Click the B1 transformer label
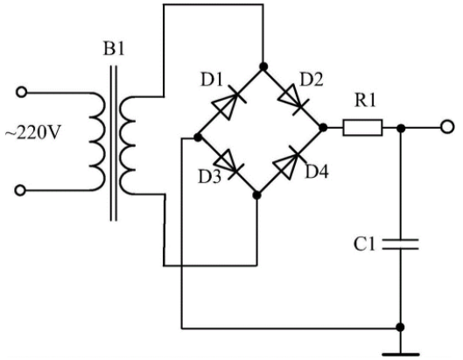click(114, 49)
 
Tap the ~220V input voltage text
click(32, 132)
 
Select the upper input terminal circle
click(21, 93)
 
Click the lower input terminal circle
click(20, 191)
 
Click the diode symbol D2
click(292, 99)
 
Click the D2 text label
click(312, 80)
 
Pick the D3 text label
click(210, 177)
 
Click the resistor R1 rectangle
click(362, 128)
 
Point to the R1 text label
click(365, 100)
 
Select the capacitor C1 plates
click(400, 244)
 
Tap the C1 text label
click(364, 244)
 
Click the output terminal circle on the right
click(447, 127)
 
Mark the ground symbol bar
click(400, 354)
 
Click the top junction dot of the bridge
click(263, 67)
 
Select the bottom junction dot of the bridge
click(257, 195)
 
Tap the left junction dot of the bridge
click(198, 138)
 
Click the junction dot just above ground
click(400, 328)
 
